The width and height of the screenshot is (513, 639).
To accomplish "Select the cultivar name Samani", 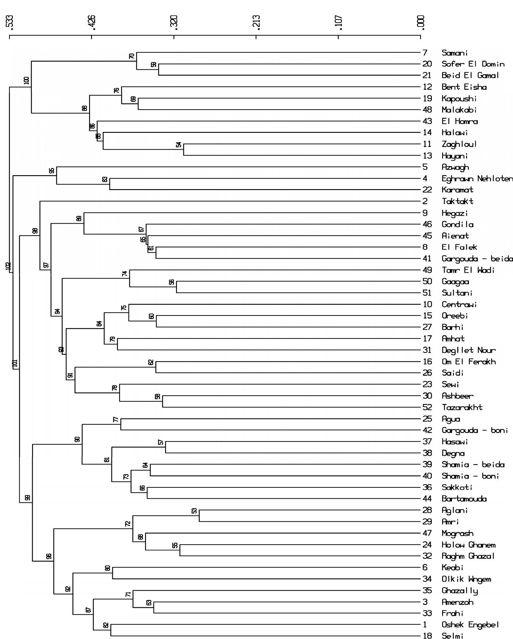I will coord(454,53).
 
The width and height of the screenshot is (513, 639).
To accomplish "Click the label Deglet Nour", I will coord(468,350).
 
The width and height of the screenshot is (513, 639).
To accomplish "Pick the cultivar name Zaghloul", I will coord(459,144).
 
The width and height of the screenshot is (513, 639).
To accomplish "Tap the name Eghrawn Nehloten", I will coord(477,178).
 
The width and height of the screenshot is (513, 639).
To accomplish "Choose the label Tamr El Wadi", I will coord(468,270).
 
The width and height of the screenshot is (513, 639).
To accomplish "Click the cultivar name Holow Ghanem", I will coord(468,545).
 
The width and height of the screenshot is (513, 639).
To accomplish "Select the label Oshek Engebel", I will coord(470,625).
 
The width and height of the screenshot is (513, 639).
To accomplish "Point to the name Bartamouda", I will coord(464,499).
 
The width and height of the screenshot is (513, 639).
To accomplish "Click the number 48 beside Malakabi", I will coord(427,110).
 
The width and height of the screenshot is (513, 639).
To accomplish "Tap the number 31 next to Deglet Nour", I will coord(427,350).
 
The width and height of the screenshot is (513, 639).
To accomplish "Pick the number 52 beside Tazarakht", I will coord(427,407).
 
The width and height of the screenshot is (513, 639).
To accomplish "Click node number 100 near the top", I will coord(27,80).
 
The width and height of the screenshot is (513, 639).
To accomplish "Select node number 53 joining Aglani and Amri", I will coord(194,511).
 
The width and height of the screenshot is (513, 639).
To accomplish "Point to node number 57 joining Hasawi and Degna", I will coord(161,442).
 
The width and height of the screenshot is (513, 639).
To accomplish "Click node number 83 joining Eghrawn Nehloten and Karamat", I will coord(105,179).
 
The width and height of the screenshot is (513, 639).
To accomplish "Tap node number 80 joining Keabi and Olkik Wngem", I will coord(108,568).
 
